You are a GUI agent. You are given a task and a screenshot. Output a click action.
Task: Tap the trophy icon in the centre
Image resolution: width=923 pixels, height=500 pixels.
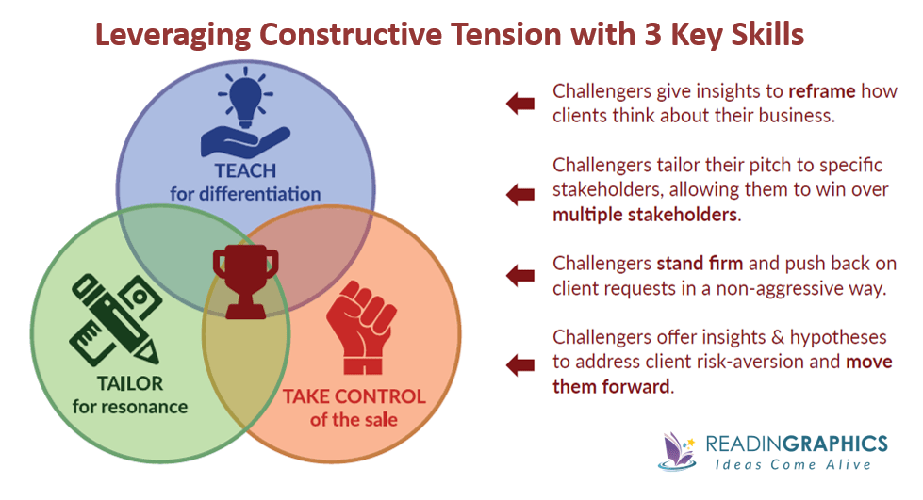(x=245, y=282)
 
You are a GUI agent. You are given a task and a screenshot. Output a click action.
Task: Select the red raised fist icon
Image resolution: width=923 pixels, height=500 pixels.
(x=361, y=327)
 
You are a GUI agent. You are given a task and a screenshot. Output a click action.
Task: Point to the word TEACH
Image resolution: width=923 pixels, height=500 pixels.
(x=245, y=170)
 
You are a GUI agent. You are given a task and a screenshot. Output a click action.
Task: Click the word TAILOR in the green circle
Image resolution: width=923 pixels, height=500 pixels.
(x=130, y=383)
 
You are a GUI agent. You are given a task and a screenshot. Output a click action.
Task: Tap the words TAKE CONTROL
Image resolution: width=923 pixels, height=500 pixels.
(x=354, y=396)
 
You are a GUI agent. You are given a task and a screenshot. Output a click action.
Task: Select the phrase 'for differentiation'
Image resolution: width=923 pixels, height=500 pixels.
(x=245, y=194)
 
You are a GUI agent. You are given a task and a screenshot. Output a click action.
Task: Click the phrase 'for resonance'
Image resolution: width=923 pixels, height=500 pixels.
(x=130, y=407)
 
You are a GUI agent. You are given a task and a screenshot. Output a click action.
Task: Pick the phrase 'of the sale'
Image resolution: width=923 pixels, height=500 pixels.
(x=354, y=419)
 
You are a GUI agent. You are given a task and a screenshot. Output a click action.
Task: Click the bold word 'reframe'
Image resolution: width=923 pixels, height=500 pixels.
(x=822, y=91)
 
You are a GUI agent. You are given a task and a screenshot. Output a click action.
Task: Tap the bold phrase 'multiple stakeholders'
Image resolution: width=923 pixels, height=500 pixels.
(x=645, y=214)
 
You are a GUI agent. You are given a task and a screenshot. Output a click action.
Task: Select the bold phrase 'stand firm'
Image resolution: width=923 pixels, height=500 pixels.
(x=700, y=263)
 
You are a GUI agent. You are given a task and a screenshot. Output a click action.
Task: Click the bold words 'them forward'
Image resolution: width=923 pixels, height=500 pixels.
(x=611, y=386)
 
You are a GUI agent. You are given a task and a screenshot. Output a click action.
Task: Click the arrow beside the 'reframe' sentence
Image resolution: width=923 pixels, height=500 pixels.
(x=520, y=104)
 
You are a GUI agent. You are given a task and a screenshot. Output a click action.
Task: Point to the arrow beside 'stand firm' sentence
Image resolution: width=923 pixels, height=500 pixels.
(x=520, y=275)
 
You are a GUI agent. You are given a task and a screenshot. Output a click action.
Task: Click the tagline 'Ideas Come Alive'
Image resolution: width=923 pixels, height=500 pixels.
(x=794, y=465)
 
